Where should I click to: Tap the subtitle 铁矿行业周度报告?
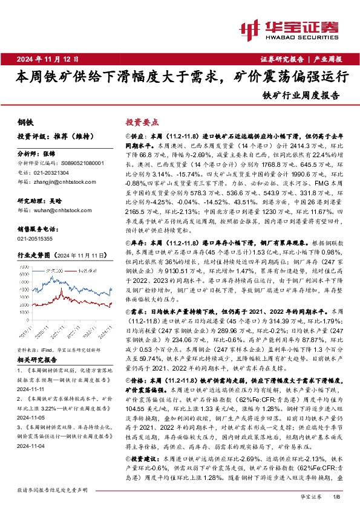[301, 95]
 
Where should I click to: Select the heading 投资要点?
[140, 122]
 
